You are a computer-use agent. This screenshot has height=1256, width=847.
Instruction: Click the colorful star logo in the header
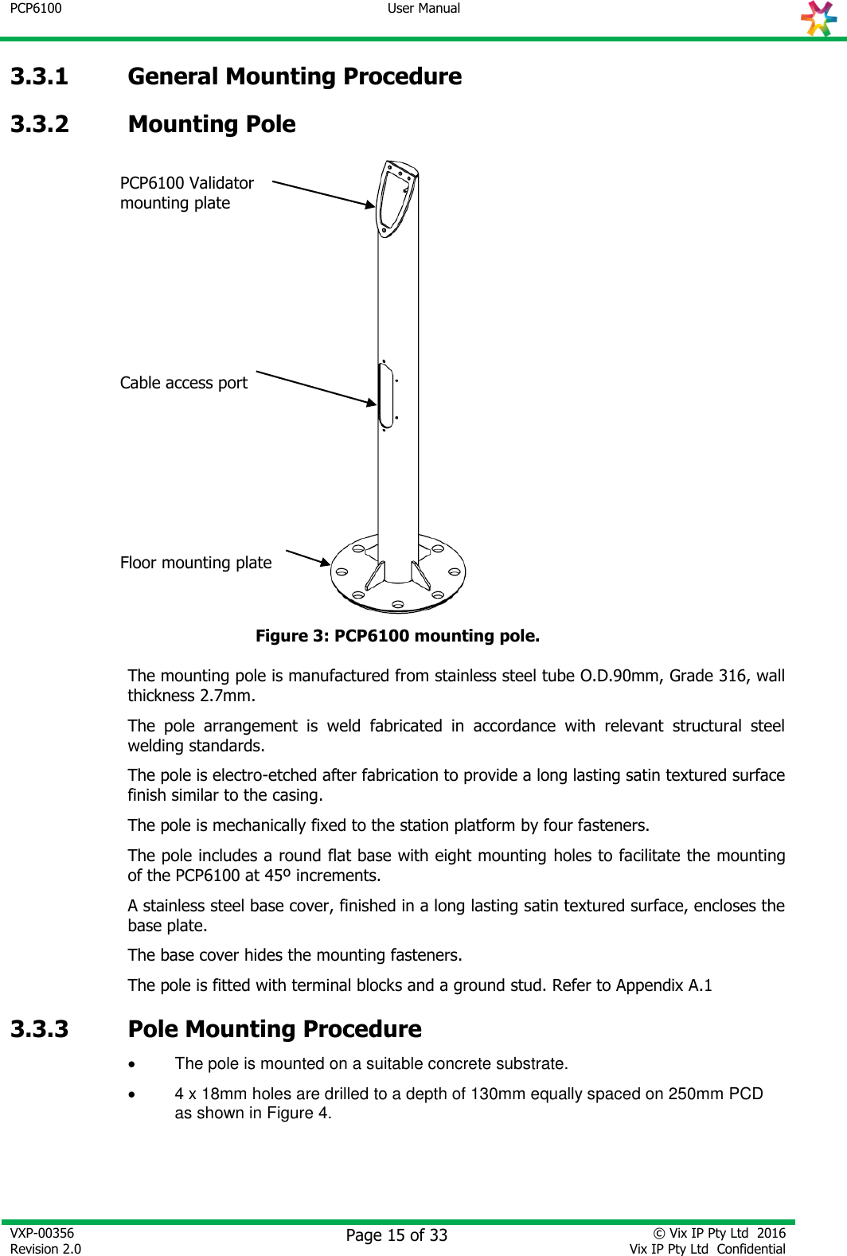(x=819, y=18)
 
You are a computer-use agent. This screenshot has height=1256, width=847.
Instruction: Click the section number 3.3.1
(x=39, y=76)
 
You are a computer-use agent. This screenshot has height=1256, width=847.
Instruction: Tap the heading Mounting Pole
(x=212, y=124)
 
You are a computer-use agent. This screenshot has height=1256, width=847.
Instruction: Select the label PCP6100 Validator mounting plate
(x=186, y=193)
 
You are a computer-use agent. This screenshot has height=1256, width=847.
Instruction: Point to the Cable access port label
(x=183, y=383)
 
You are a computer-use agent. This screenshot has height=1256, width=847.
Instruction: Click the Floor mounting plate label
(x=195, y=563)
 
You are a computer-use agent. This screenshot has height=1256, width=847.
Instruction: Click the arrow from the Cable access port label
(x=316, y=388)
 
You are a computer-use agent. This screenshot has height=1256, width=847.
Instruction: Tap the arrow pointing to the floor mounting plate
(x=307, y=557)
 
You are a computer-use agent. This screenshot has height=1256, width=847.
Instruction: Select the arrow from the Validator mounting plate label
(x=323, y=194)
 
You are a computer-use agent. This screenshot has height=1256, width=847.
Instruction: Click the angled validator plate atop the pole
(x=396, y=198)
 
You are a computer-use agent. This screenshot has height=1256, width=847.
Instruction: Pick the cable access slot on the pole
(x=386, y=395)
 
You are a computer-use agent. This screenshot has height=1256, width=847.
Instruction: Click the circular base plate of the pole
(x=398, y=581)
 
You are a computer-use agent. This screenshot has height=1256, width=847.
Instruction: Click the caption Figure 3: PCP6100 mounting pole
(x=397, y=636)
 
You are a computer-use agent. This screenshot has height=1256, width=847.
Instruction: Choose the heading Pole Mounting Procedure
(x=275, y=1029)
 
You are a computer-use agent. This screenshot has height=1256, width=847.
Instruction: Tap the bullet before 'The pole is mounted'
(x=133, y=1064)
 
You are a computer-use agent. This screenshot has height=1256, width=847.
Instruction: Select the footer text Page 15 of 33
(x=396, y=1235)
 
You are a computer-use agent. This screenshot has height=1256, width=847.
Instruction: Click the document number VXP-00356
(x=42, y=1233)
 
